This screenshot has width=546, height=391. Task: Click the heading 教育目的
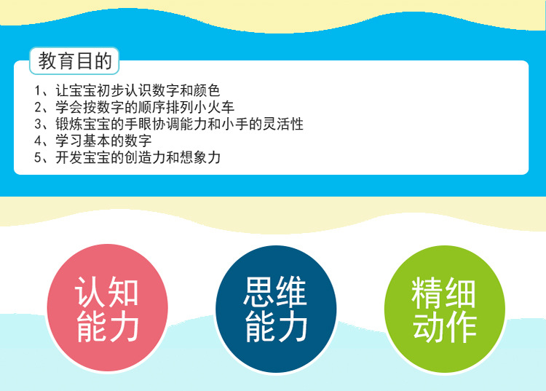[75, 61]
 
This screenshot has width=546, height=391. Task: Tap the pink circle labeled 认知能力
[107, 308]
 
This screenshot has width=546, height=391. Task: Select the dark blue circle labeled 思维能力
[276, 309]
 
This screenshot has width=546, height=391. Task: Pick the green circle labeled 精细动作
[444, 309]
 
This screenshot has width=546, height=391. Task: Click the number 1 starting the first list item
[38, 90]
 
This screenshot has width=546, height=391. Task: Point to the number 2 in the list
[38, 107]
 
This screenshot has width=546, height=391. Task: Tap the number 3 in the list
[38, 124]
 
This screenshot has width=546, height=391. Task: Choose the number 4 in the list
[38, 141]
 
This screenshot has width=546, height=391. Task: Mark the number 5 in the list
[38, 157]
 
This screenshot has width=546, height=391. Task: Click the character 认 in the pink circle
[90, 292]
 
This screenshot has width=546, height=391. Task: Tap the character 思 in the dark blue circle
[258, 292]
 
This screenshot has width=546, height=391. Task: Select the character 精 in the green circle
[427, 293]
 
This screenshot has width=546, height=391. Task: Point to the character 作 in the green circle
[461, 326]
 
